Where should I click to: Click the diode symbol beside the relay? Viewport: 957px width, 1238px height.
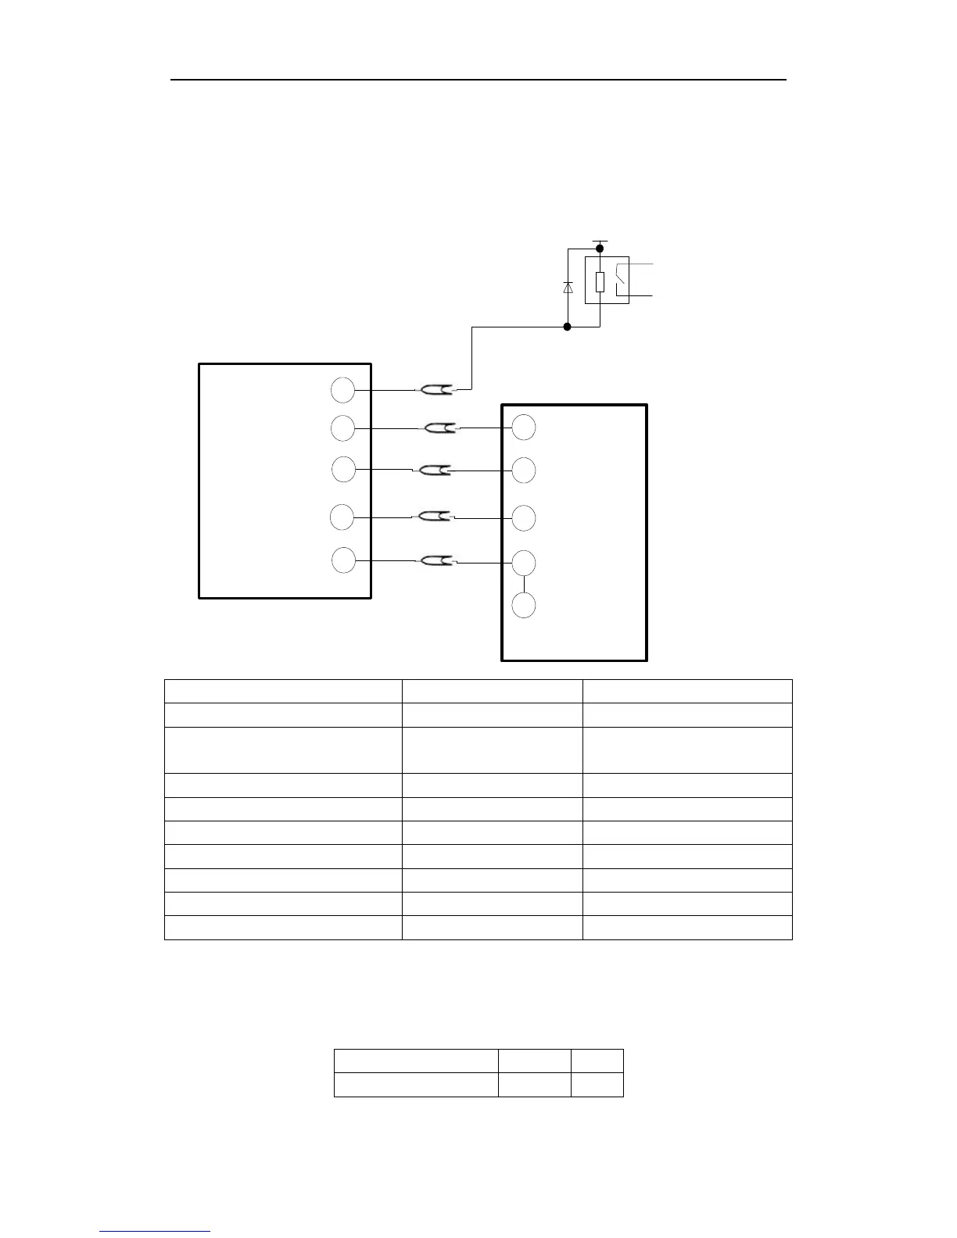click(568, 288)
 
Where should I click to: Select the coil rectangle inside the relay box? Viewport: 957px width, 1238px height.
click(600, 282)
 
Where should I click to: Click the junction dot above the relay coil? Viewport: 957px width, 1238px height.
click(600, 249)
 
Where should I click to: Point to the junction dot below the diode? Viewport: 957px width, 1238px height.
click(568, 327)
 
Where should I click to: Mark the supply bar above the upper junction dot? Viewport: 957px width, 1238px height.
click(600, 241)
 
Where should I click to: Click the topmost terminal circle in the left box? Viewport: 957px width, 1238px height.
click(342, 389)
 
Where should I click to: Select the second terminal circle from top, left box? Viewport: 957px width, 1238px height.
click(342, 428)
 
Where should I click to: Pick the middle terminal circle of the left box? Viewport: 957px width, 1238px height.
click(343, 470)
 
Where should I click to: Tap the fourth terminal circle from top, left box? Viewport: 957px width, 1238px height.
click(342, 517)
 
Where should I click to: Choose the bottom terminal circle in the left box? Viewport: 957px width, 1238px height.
click(343, 560)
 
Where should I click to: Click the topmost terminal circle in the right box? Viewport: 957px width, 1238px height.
click(524, 428)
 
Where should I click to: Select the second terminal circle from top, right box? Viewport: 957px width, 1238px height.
click(524, 471)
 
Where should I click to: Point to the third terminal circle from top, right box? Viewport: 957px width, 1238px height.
click(524, 518)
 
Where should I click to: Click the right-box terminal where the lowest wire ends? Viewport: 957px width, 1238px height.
click(524, 563)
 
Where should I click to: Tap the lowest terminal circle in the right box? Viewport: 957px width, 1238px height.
click(524, 606)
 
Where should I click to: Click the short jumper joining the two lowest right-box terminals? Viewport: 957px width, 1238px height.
click(524, 584)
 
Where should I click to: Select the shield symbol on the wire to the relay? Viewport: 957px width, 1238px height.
click(435, 388)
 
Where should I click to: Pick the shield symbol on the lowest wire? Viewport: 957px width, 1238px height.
click(435, 560)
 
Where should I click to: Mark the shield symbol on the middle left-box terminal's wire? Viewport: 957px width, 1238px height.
click(435, 470)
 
